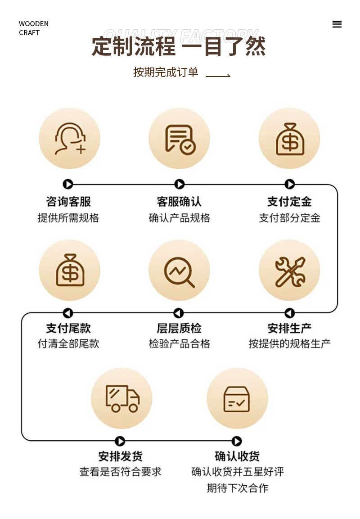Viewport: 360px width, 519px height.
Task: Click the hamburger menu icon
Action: (x=337, y=24)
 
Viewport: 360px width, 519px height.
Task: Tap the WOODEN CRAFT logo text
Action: (x=34, y=28)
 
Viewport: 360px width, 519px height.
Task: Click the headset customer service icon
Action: (x=69, y=139)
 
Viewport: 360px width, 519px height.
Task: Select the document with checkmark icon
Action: (x=180, y=139)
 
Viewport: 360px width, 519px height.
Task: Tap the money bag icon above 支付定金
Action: (x=289, y=139)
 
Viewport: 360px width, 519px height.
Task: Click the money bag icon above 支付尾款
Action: (x=69, y=270)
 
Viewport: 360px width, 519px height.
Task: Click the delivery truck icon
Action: (x=122, y=398)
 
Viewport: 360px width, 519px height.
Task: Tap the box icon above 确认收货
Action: (x=237, y=398)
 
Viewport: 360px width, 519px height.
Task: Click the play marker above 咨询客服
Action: (x=68, y=184)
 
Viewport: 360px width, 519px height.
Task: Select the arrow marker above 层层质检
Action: (x=179, y=313)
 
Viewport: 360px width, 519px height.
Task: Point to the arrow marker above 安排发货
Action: (x=120, y=441)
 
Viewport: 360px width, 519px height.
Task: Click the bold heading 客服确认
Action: (x=179, y=201)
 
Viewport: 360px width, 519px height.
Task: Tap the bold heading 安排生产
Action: (x=289, y=328)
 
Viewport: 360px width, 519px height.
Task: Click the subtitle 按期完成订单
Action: (x=166, y=72)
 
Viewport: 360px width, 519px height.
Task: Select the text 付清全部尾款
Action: (x=68, y=343)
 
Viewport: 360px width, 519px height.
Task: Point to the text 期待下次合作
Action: (x=238, y=488)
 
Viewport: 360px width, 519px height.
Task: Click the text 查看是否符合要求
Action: (x=120, y=472)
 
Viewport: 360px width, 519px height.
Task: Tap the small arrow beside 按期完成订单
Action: (x=218, y=76)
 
